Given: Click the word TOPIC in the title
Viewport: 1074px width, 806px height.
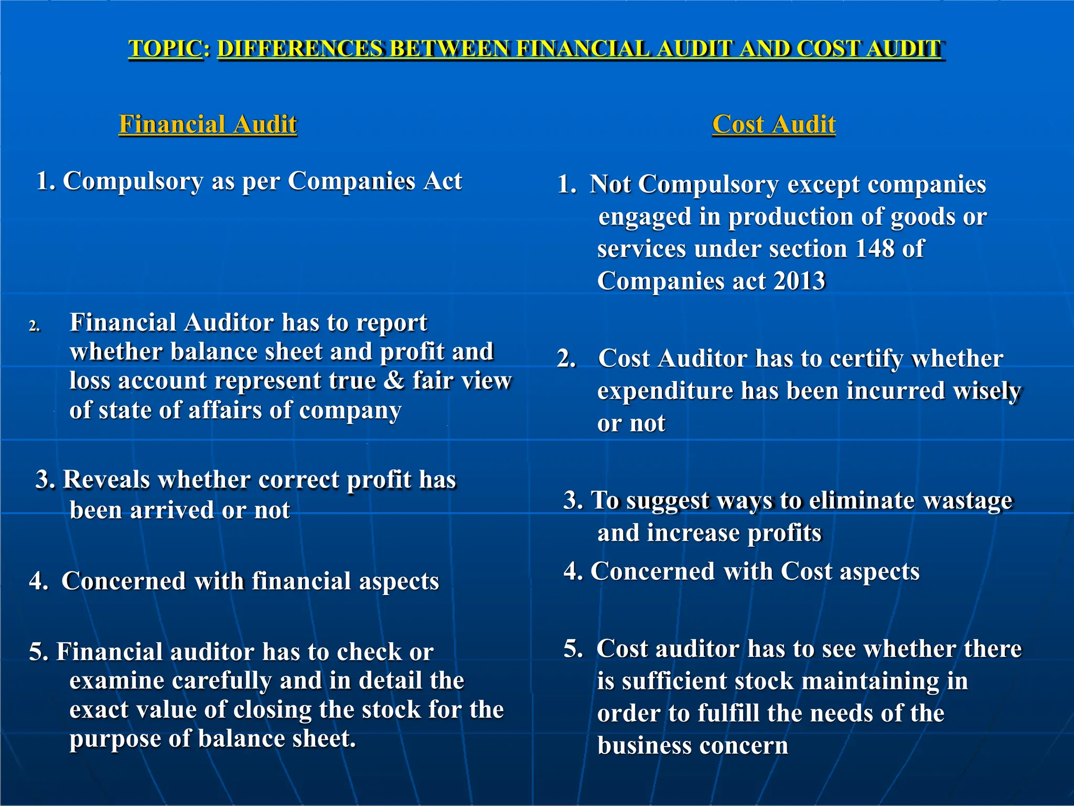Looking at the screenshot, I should click(x=166, y=49).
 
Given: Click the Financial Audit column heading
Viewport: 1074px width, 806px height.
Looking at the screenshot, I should click(x=208, y=124).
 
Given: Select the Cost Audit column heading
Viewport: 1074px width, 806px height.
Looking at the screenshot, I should click(x=774, y=124).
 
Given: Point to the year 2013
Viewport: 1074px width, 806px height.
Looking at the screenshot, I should click(x=799, y=281).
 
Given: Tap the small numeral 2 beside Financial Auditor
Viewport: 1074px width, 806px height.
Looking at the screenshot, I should click(x=34, y=326).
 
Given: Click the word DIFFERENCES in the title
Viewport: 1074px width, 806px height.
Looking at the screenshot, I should click(x=300, y=49).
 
